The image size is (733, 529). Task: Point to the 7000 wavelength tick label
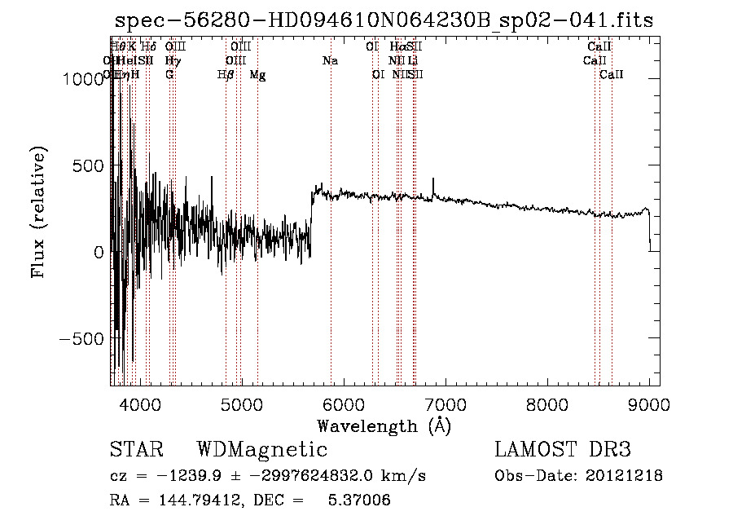(x=446, y=404)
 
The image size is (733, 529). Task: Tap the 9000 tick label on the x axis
(x=649, y=404)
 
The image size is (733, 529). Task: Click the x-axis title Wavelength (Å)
(x=384, y=425)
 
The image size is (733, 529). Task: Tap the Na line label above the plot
(x=330, y=61)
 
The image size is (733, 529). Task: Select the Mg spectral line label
(x=257, y=75)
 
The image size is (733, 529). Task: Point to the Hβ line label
(x=226, y=75)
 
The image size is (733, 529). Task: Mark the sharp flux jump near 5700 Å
(x=311, y=214)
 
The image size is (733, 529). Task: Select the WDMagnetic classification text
(x=261, y=450)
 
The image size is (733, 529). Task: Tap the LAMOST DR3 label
(x=562, y=450)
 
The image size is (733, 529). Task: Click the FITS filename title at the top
(x=384, y=20)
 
